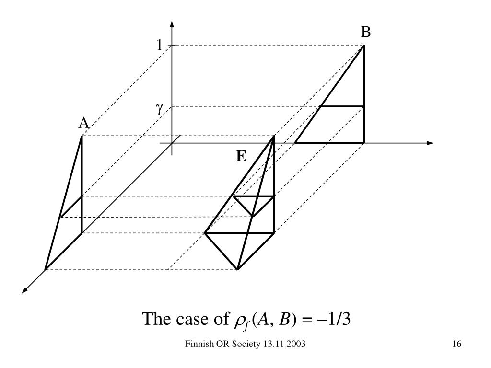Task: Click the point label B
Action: pyautogui.click(x=366, y=33)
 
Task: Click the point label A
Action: pyautogui.click(x=84, y=124)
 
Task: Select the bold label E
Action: pyautogui.click(x=241, y=156)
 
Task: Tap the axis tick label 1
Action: pyautogui.click(x=160, y=46)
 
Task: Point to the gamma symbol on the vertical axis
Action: pyautogui.click(x=159, y=108)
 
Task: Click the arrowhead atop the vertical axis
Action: pyautogui.click(x=172, y=24)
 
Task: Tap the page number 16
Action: pyautogui.click(x=456, y=345)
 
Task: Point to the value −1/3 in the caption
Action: pyautogui.click(x=335, y=318)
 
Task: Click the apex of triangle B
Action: pyautogui.click(x=364, y=45)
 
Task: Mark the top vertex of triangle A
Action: pyautogui.click(x=82, y=136)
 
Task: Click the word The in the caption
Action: pyautogui.click(x=156, y=318)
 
